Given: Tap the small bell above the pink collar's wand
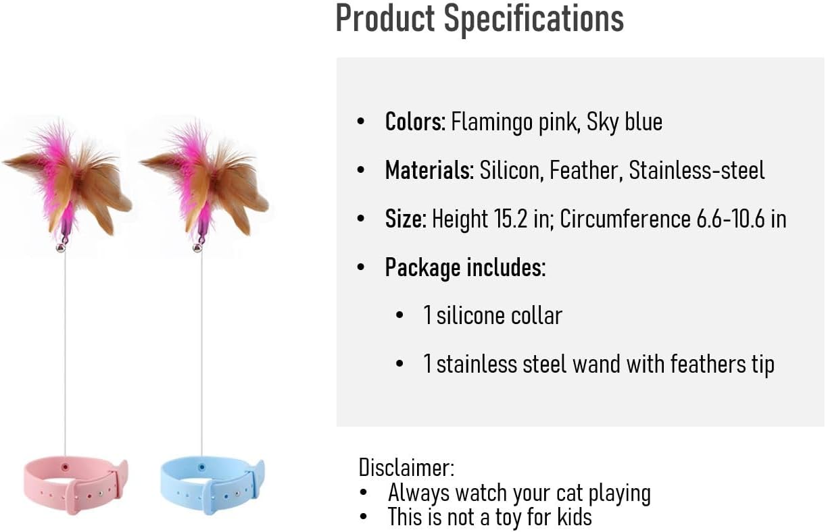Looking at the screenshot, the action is click(x=61, y=248).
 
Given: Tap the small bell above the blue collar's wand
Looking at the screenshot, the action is click(x=197, y=248).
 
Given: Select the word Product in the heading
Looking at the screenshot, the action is click(x=385, y=18).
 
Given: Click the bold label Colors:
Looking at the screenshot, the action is click(x=415, y=122).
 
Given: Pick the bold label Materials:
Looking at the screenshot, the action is click(x=429, y=170).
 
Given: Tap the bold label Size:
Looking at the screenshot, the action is click(x=406, y=219).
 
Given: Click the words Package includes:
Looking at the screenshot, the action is click(x=465, y=267).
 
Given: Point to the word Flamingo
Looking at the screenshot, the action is click(x=492, y=122).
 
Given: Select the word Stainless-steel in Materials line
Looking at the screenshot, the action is click(x=697, y=170).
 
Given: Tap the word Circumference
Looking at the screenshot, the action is click(x=625, y=219).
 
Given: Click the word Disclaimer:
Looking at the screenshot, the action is click(x=406, y=468).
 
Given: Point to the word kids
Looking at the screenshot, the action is click(x=574, y=516).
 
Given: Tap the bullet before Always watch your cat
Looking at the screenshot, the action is click(x=364, y=493).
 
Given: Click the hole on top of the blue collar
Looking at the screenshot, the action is click(x=201, y=468).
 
